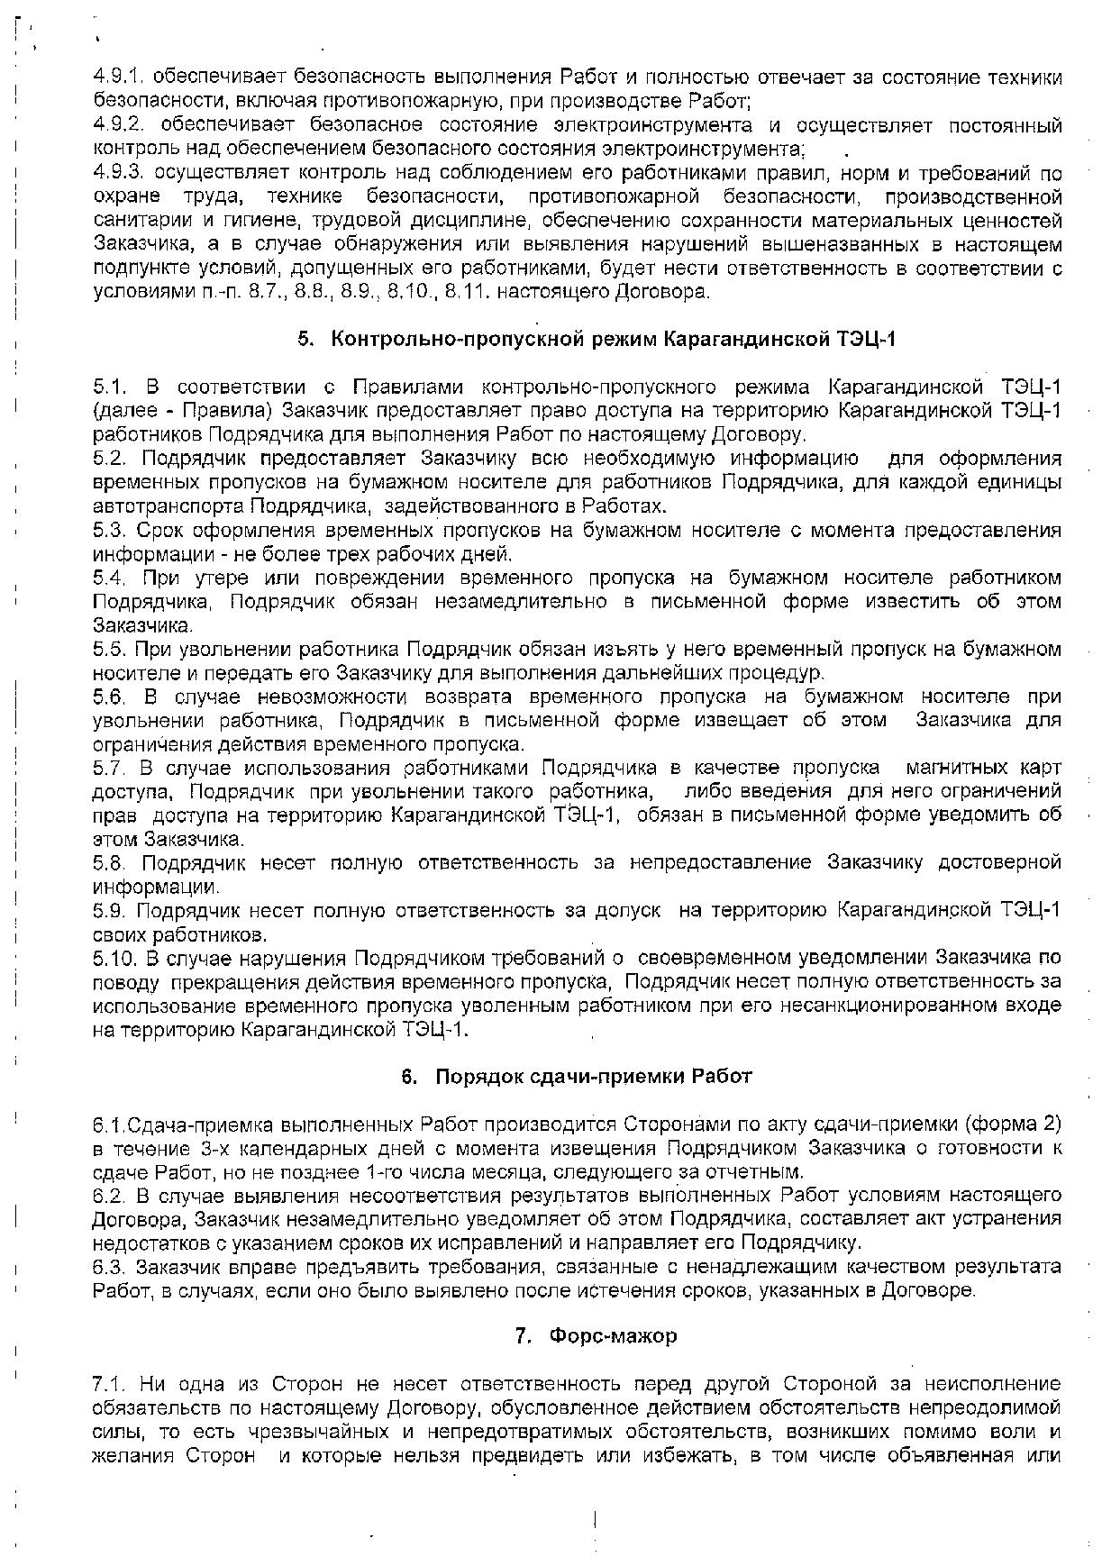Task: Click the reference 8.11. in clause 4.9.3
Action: pyautogui.click(x=465, y=292)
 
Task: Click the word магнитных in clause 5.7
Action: pyautogui.click(x=951, y=768)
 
